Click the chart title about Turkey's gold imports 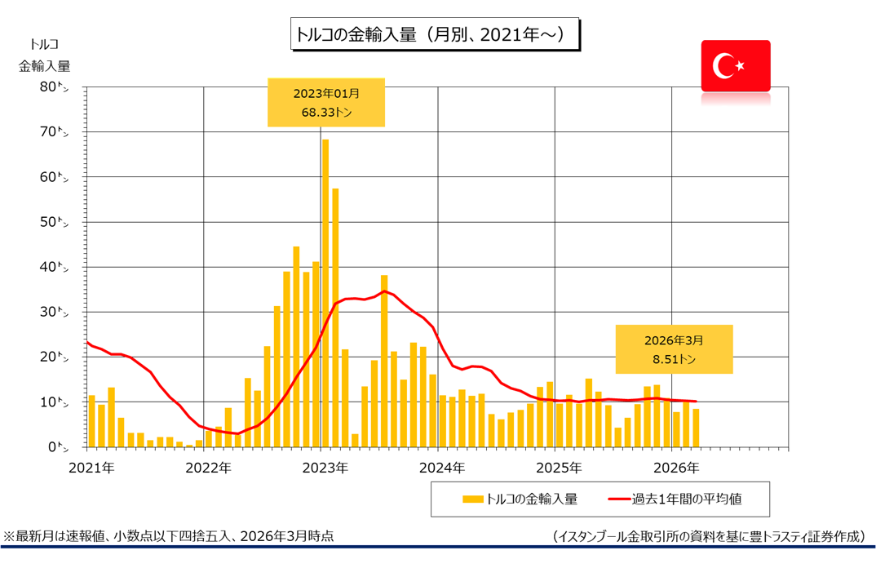pos(435,35)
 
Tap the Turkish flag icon pos(735,65)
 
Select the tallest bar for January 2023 pos(325,294)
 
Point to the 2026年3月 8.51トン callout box pos(674,349)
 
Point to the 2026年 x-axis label pos(678,468)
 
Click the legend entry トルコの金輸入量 pos(520,498)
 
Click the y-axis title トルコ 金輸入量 pos(44,55)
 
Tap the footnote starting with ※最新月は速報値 pos(169,536)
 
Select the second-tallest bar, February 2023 pos(335,318)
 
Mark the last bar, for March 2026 pos(696,428)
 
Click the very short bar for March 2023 pos(355,441)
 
